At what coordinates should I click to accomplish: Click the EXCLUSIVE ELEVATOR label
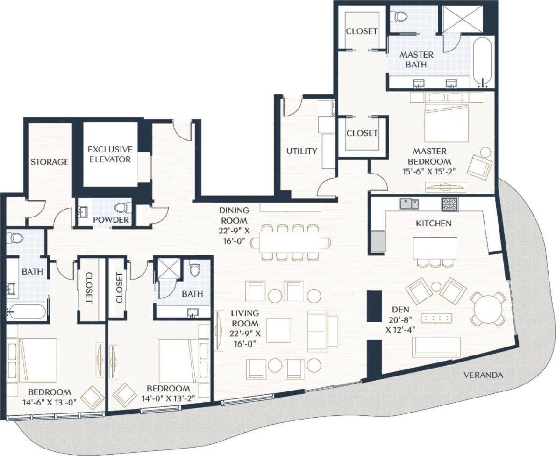[x=110, y=154]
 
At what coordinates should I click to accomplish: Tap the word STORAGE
[x=50, y=162]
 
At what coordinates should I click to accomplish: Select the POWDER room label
[x=111, y=220]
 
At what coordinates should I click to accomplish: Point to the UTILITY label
[x=302, y=151]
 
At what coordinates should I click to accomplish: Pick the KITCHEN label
[x=434, y=224]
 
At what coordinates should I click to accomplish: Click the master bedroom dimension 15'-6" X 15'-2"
[x=429, y=172]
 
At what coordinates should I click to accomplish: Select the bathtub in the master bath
[x=482, y=63]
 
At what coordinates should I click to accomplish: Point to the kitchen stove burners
[x=450, y=204]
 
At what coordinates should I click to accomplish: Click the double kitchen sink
[x=409, y=204]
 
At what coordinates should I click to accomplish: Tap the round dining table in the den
[x=488, y=309]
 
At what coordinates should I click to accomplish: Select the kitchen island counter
[x=435, y=247]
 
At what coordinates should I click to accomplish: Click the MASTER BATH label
[x=416, y=59]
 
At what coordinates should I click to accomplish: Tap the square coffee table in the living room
[x=278, y=330]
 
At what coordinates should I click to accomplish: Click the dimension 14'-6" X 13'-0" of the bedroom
[x=49, y=401]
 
